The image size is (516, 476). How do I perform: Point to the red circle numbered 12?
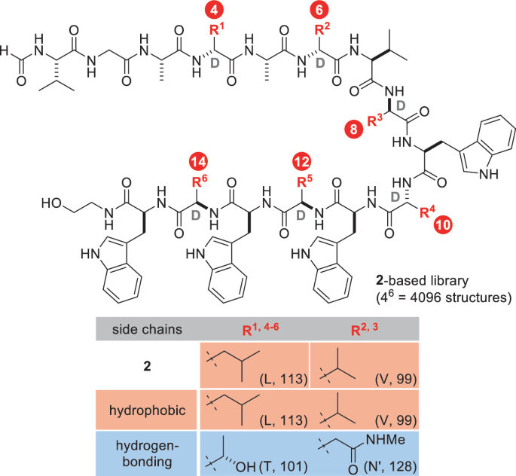pos(302,162)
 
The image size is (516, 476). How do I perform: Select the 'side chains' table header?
pos(144,328)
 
